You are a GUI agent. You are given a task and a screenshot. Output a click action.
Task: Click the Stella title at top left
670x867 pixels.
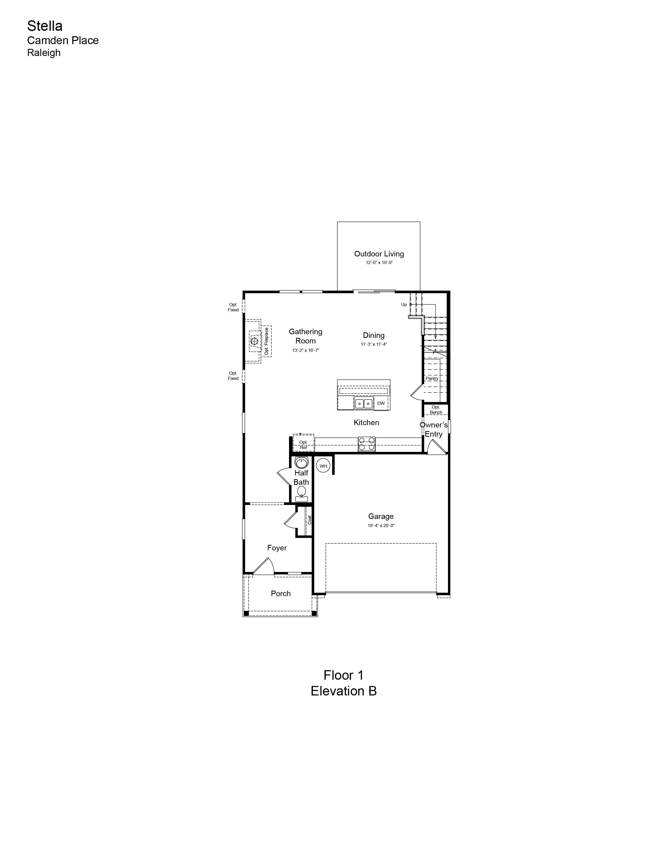tap(45, 26)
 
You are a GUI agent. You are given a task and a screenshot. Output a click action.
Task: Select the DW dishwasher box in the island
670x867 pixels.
tap(381, 403)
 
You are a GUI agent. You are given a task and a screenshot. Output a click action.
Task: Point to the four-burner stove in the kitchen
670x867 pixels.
tap(366, 444)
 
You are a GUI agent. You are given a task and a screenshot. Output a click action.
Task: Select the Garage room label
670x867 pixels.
tap(381, 516)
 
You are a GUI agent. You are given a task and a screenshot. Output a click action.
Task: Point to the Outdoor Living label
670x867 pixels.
tap(379, 254)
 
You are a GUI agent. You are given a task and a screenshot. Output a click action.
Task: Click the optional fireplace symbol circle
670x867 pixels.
tap(254, 340)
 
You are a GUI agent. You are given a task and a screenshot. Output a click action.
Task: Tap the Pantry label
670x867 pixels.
tap(432, 379)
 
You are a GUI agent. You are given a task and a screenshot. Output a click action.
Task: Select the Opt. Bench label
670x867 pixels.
tap(436, 410)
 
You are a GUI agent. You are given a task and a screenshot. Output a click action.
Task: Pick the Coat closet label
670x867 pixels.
tap(310, 520)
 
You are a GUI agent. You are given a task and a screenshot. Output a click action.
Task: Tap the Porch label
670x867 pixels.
tap(281, 594)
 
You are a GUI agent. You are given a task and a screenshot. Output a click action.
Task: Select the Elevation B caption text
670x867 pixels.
tap(344, 691)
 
